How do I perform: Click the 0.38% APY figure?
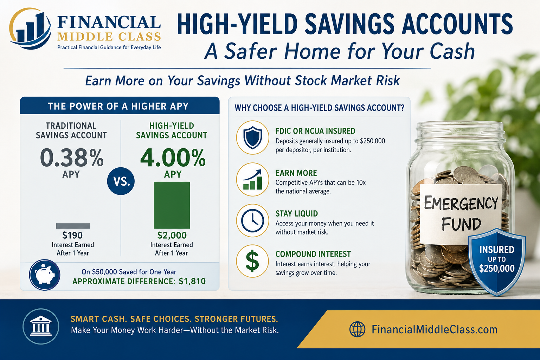click(72, 158)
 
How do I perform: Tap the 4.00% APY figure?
click(173, 158)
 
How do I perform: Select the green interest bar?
click(172, 205)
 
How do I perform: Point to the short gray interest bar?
click(73, 226)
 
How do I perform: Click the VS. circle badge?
click(121, 181)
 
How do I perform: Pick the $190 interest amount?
click(72, 235)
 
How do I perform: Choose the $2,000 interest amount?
click(172, 235)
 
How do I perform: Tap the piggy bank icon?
click(45, 275)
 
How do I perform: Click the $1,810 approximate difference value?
click(192, 281)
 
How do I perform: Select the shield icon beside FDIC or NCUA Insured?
click(252, 137)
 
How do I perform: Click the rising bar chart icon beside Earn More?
click(252, 179)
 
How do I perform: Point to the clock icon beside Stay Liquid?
click(252, 221)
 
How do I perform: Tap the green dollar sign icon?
click(252, 261)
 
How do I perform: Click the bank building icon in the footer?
click(41, 326)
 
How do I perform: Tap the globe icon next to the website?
click(357, 329)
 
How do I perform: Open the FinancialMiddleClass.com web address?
click(435, 329)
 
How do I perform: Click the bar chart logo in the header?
click(30, 28)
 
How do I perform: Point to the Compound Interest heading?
click(313, 254)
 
